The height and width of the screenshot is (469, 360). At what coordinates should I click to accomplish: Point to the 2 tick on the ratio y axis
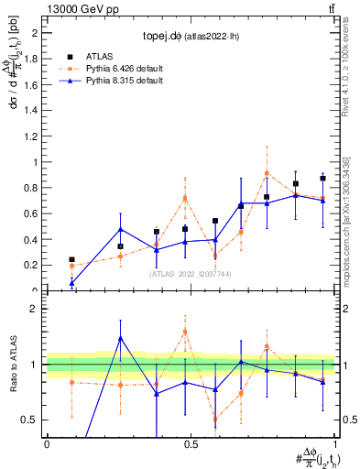coord(38,310)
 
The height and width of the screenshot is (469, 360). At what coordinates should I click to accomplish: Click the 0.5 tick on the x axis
coord(189,443)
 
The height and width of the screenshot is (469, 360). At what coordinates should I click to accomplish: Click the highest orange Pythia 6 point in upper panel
coord(267,173)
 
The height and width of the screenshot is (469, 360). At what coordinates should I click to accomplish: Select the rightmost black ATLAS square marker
coord(322,179)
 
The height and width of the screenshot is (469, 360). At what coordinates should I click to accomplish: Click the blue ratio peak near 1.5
coord(120,338)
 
